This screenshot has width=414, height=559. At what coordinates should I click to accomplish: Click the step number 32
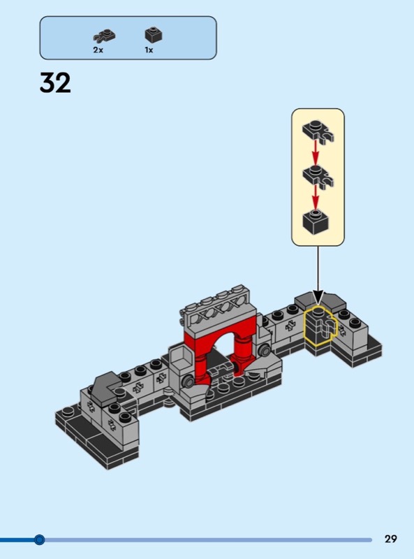(x=55, y=82)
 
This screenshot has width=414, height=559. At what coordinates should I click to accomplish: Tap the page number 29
(x=390, y=539)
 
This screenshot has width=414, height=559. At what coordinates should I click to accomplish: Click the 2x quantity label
(x=98, y=50)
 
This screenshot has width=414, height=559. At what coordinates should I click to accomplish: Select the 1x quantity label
(x=149, y=50)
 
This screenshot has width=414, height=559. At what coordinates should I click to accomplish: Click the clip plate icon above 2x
(x=105, y=36)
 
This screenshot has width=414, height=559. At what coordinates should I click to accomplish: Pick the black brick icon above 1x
(x=154, y=35)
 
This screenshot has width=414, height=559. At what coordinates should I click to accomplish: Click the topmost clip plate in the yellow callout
(x=318, y=131)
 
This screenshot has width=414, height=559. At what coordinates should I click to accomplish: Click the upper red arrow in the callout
(x=316, y=151)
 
